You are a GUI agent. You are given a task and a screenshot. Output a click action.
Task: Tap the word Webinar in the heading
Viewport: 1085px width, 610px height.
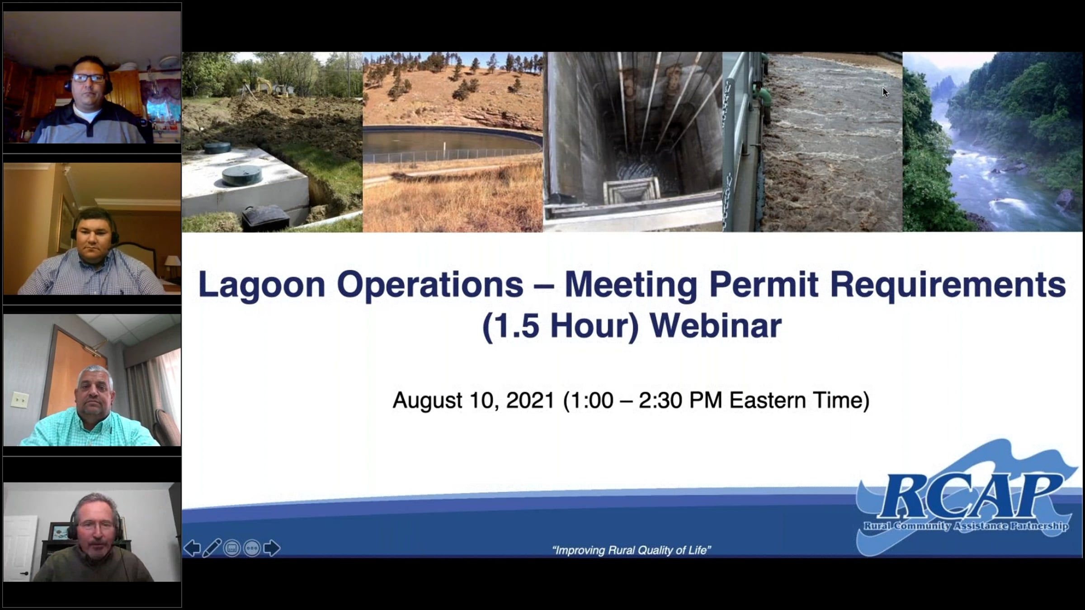click(716, 325)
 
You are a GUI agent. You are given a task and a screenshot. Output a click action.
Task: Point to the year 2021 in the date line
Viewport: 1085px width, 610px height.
click(530, 400)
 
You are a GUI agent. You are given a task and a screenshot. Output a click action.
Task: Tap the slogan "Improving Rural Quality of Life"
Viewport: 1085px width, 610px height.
click(632, 550)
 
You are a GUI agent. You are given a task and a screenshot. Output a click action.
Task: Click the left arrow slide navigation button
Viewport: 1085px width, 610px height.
click(192, 548)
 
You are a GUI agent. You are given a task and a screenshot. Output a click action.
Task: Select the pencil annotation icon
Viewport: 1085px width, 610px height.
click(212, 548)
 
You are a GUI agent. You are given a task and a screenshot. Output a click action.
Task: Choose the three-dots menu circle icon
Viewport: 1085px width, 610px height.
click(252, 549)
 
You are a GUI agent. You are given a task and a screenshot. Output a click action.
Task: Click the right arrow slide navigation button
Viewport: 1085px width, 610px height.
click(272, 548)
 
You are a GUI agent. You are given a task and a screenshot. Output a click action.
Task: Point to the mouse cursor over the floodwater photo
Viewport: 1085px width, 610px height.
click(885, 92)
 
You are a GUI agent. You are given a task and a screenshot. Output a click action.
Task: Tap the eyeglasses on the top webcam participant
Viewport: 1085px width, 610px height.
click(89, 78)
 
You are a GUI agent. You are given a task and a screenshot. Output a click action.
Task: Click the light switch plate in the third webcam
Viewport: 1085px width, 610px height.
click(19, 399)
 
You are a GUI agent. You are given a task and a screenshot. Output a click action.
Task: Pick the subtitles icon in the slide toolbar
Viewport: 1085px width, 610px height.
click(232, 549)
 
